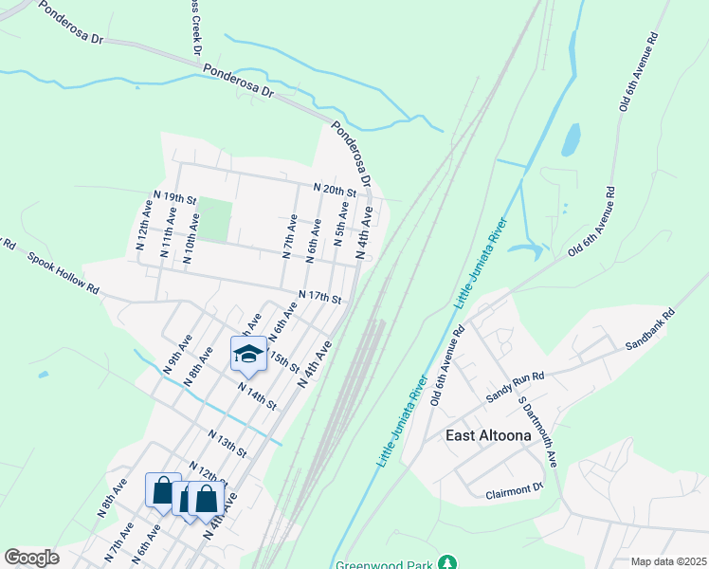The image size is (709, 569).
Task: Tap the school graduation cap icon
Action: click(248, 355)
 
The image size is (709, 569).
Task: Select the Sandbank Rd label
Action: click(649, 329)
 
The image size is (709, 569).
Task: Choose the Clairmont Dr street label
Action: click(513, 492)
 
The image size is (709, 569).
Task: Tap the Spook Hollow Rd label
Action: click(64, 272)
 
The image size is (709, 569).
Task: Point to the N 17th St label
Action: click(318, 297)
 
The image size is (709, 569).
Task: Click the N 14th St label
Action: click(257, 395)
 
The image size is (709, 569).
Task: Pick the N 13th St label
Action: click(227, 440)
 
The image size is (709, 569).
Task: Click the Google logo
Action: click(31, 558)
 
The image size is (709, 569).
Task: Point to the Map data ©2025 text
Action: click(667, 561)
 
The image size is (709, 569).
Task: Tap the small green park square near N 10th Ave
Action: click(215, 220)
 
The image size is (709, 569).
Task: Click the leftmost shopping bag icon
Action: click(161, 491)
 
